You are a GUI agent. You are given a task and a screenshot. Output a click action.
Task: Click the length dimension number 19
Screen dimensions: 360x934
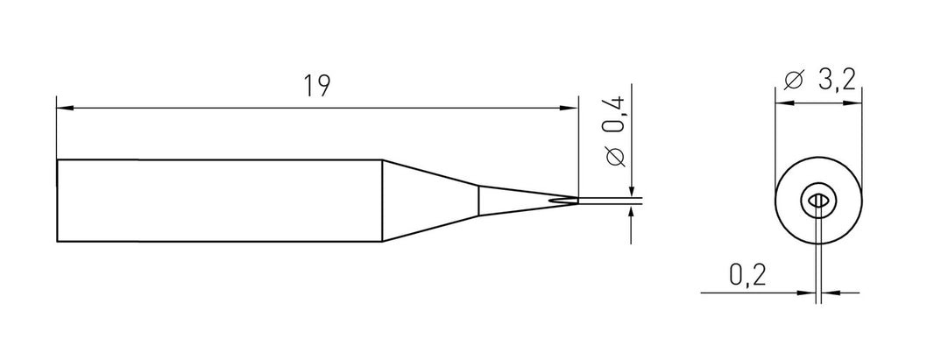click(316, 87)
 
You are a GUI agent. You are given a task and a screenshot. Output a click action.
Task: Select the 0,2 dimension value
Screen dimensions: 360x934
click(748, 277)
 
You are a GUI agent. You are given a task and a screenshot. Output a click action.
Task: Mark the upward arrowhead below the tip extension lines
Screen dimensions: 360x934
click(632, 214)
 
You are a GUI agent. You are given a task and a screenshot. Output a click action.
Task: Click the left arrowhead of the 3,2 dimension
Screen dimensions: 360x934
click(782, 102)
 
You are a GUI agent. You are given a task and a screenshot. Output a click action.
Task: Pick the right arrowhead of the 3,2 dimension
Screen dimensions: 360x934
click(858, 102)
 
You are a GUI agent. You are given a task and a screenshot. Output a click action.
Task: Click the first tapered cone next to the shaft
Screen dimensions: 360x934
click(429, 200)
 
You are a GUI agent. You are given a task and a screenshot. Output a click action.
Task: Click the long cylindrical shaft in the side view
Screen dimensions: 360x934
click(219, 200)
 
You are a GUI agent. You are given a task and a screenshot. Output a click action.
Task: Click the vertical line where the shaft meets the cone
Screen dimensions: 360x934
click(382, 200)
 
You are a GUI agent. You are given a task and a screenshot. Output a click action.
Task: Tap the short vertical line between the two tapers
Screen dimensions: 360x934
click(478, 200)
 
